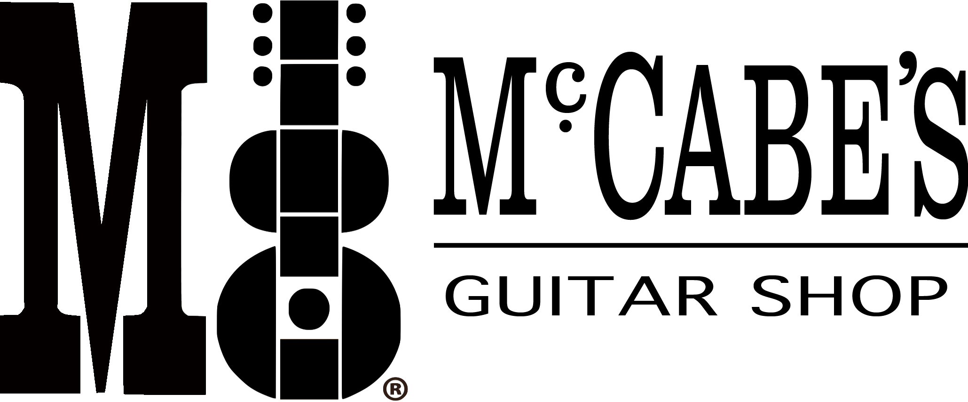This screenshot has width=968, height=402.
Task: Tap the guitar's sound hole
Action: click(x=308, y=309)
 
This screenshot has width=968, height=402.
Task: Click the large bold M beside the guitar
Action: click(x=103, y=198)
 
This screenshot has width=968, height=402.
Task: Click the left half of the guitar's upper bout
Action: click(x=254, y=181)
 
